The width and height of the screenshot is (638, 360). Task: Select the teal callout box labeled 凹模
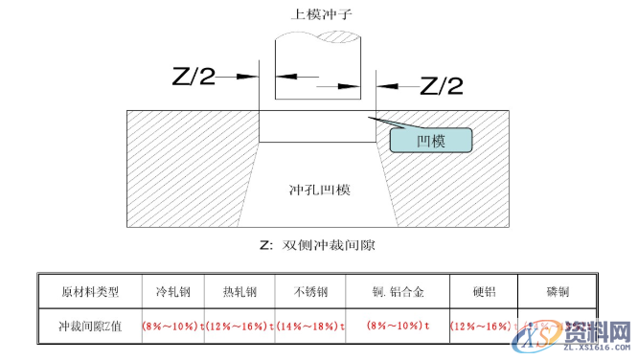click(x=431, y=141)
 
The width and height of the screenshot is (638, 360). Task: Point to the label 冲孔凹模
click(x=319, y=190)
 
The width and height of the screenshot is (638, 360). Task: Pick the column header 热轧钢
click(x=239, y=291)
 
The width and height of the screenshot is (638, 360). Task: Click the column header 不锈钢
click(x=307, y=291)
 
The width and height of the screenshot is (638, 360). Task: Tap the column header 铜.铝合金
click(x=399, y=291)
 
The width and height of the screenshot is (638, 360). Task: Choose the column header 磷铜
click(x=558, y=291)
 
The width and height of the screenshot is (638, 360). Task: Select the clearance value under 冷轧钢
click(x=172, y=326)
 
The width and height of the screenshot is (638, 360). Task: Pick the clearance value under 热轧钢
click(x=239, y=326)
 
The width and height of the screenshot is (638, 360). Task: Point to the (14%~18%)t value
click(x=307, y=326)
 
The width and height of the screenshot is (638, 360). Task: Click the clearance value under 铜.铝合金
click(x=398, y=326)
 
